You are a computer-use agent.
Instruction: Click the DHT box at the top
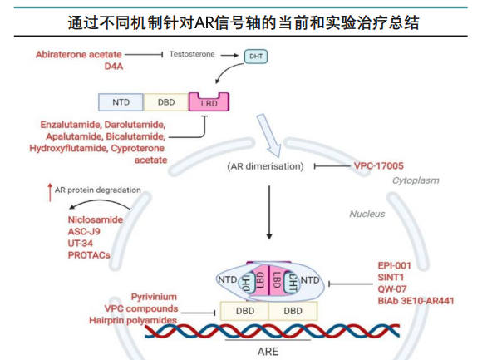click(254, 56)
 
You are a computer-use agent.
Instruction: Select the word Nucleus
click(367, 214)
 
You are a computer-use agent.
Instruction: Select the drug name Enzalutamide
click(72, 124)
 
